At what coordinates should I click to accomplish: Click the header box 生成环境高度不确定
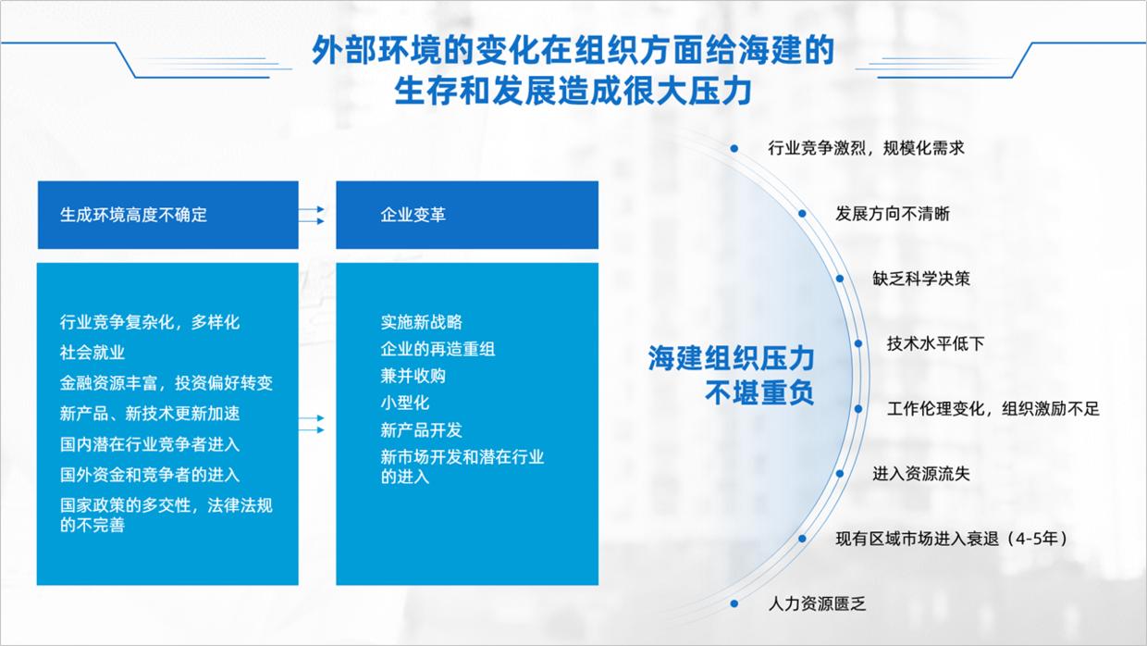point(167,215)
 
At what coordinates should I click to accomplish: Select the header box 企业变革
point(466,215)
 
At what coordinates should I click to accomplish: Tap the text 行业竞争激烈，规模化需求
point(866,148)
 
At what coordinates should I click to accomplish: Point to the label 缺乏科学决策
point(920,279)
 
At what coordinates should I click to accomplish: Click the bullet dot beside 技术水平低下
point(858,343)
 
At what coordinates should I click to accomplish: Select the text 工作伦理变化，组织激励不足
point(993,409)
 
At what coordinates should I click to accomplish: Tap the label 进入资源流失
point(920,474)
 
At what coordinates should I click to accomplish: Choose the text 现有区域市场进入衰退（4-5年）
point(952,539)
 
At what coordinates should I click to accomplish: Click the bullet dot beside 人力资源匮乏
point(734,603)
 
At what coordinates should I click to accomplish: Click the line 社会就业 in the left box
point(92,353)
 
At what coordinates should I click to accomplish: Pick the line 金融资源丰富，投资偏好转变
point(166,383)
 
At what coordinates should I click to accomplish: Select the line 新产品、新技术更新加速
point(150,414)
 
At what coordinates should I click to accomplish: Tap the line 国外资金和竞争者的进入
point(150,475)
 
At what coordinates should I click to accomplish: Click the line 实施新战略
point(421,322)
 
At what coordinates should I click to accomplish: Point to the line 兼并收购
point(413,376)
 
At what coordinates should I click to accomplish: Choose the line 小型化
point(405,403)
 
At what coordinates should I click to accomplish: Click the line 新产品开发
point(421,429)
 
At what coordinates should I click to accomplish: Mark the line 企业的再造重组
point(438,349)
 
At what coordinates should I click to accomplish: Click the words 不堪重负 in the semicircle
point(759,392)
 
